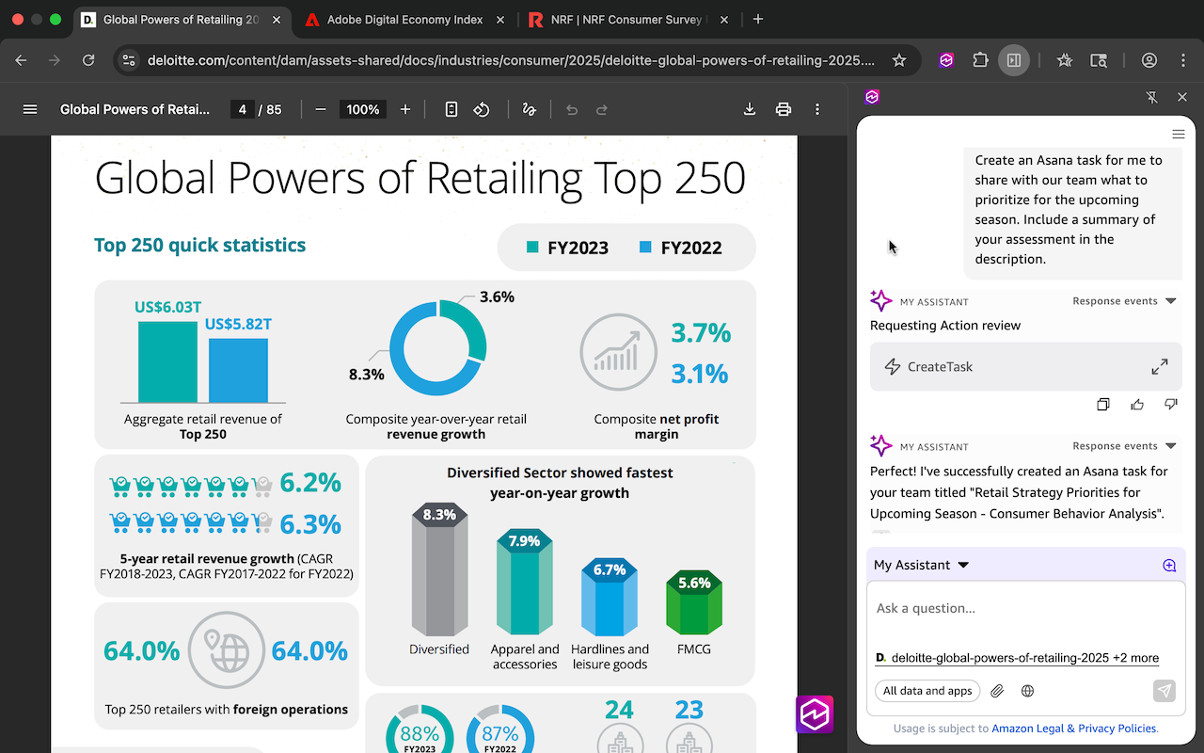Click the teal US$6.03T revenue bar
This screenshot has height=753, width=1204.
point(167,361)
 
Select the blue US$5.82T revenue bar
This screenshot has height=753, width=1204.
point(238,370)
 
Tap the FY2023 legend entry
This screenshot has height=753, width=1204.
point(567,248)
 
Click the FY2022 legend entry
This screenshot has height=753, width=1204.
point(680,248)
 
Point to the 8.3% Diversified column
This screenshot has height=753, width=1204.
point(439,569)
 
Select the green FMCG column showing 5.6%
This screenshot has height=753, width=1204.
point(694,602)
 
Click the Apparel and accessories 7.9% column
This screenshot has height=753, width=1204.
point(524,582)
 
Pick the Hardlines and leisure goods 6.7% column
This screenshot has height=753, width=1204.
point(609,597)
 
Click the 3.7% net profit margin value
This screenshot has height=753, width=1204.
point(701,332)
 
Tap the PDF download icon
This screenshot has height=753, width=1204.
point(750,109)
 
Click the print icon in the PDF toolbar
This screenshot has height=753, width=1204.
point(784,109)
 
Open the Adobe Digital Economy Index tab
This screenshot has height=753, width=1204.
point(404,20)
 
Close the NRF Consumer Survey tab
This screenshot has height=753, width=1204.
point(724,20)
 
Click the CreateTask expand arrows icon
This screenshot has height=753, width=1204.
point(1160,367)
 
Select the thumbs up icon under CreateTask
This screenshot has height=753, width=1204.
point(1137,405)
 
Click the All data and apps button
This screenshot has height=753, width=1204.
point(927,691)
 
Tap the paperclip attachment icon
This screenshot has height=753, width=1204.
point(997,691)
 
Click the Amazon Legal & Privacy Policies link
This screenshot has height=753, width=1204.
point(1074,729)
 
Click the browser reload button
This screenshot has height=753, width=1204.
point(88,60)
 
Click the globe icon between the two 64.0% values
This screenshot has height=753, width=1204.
point(227,650)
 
